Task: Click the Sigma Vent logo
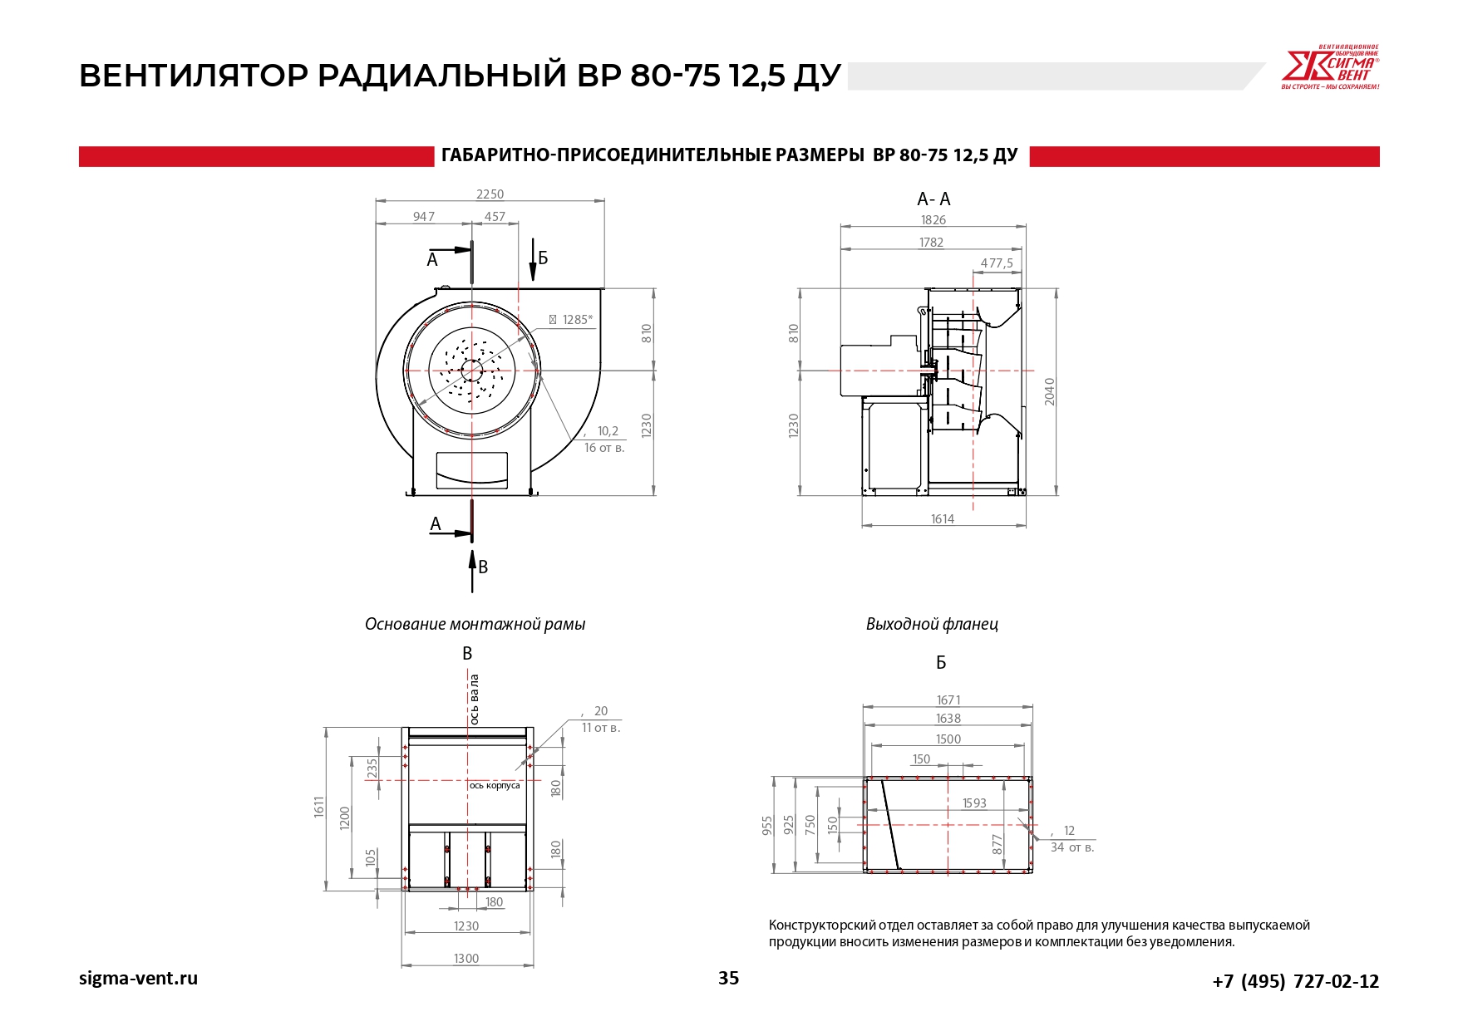(1330, 67)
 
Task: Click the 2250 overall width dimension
(490, 194)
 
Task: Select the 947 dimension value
(424, 217)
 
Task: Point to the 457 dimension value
(495, 217)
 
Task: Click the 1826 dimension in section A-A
(933, 220)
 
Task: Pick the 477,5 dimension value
(997, 263)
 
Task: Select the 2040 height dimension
(1050, 391)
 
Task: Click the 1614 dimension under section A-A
(943, 519)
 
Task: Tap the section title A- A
(933, 199)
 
